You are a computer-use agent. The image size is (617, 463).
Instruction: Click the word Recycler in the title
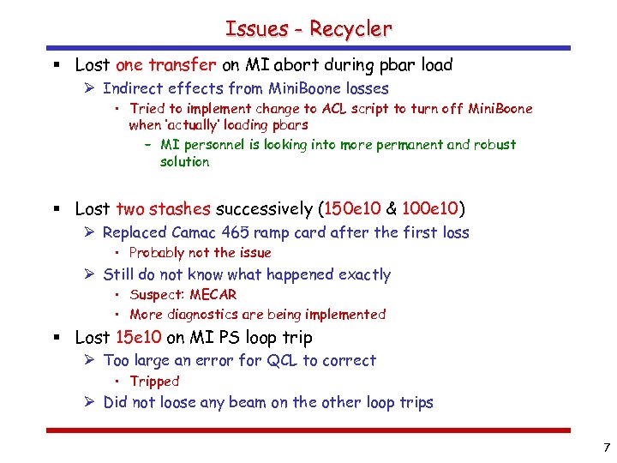350,28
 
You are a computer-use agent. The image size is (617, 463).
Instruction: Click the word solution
184,161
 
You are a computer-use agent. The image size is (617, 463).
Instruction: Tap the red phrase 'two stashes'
163,209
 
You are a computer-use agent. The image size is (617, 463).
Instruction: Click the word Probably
157,253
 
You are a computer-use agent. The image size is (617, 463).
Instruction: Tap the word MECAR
213,295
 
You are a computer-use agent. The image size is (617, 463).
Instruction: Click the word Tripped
154,382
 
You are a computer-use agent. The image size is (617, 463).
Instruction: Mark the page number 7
607,448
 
